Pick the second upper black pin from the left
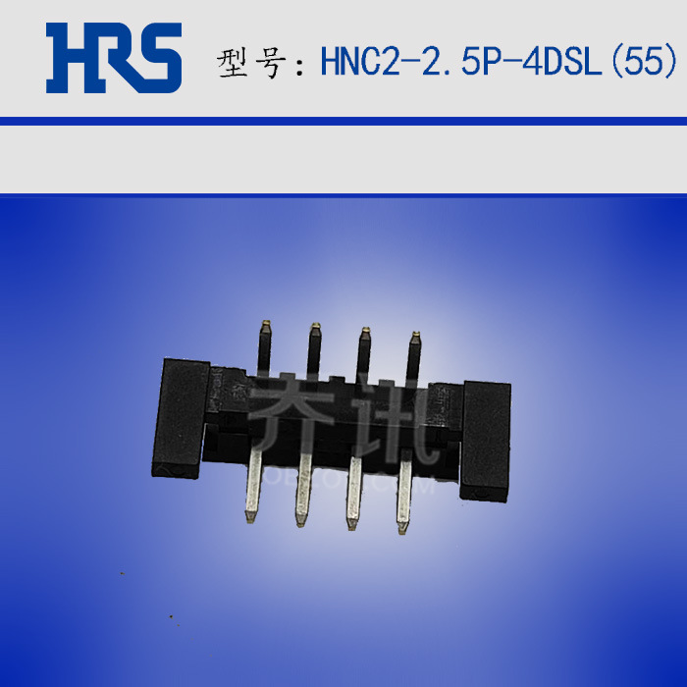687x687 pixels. pyautogui.click(x=314, y=350)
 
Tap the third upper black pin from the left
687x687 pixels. pyautogui.click(x=362, y=353)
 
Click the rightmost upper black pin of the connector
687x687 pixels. pyautogui.click(x=413, y=358)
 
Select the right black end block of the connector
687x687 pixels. pyautogui.click(x=485, y=439)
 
